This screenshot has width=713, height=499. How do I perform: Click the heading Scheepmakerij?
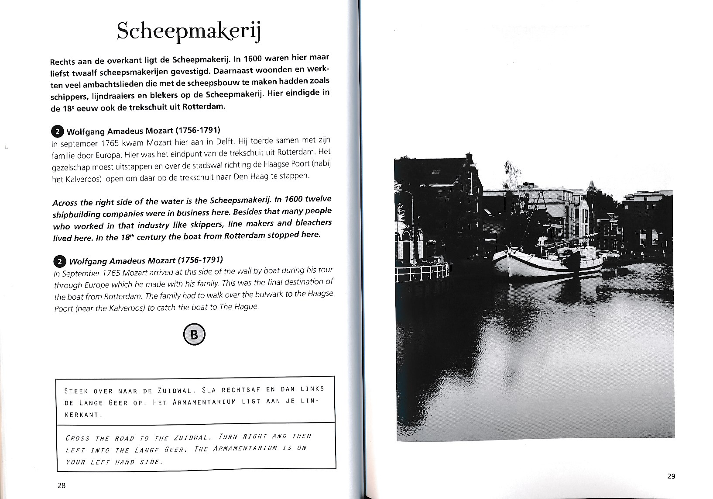tap(189, 31)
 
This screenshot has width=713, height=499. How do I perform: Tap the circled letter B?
tap(194, 335)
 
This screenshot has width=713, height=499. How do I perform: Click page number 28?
tap(61, 485)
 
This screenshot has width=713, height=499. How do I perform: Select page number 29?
tap(671, 476)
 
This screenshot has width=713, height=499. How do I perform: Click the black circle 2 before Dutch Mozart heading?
tap(58, 132)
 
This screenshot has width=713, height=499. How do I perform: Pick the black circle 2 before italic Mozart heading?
tap(59, 262)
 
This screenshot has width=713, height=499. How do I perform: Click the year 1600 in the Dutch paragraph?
tap(254, 59)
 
